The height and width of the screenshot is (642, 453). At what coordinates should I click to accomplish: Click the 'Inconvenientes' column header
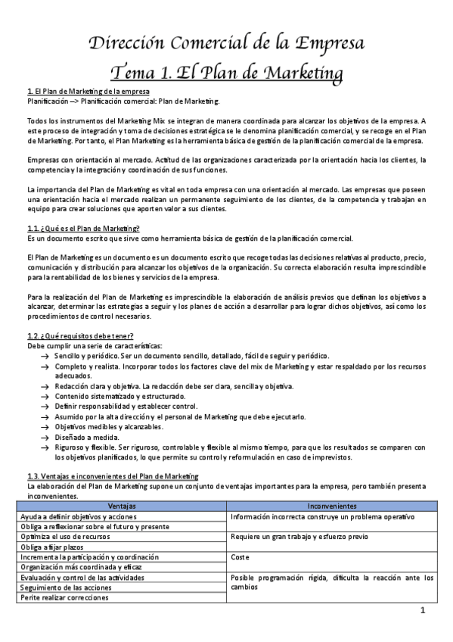tap(332, 506)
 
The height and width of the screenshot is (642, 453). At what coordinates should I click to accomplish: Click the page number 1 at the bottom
tap(424, 611)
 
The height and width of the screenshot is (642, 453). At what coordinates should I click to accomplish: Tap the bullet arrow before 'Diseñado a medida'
tap(45, 437)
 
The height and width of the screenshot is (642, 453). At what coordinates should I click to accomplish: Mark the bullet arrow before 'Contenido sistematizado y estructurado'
tap(45, 396)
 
